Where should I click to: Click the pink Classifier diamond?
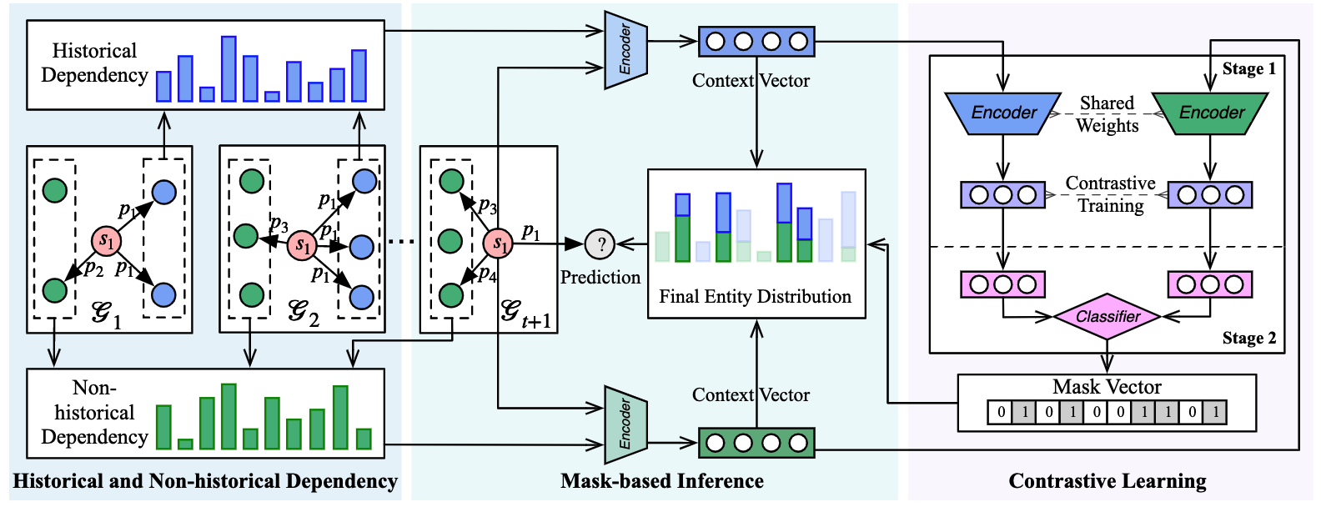click(1108, 317)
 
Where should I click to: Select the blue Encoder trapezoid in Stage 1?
click(1003, 113)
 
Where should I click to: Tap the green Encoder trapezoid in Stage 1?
click(1210, 113)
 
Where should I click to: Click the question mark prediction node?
click(600, 243)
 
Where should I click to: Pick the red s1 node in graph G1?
click(107, 240)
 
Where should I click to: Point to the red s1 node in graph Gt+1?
click(499, 243)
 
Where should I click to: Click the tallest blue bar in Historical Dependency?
click(229, 69)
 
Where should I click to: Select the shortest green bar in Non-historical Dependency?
click(185, 444)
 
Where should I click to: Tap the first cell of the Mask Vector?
click(1000, 412)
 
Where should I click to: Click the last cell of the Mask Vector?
click(1215, 412)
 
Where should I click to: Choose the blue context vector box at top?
click(756, 42)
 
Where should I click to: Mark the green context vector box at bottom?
click(756, 443)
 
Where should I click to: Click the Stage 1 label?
click(1249, 69)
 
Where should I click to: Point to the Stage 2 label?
click(1249, 338)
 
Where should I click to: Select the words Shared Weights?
click(1107, 113)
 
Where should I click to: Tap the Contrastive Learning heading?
click(1108, 481)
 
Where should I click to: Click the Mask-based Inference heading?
click(661, 481)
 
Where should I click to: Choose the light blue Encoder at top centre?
click(625, 49)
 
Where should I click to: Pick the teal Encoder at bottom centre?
click(625, 425)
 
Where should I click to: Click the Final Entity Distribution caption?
click(755, 296)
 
